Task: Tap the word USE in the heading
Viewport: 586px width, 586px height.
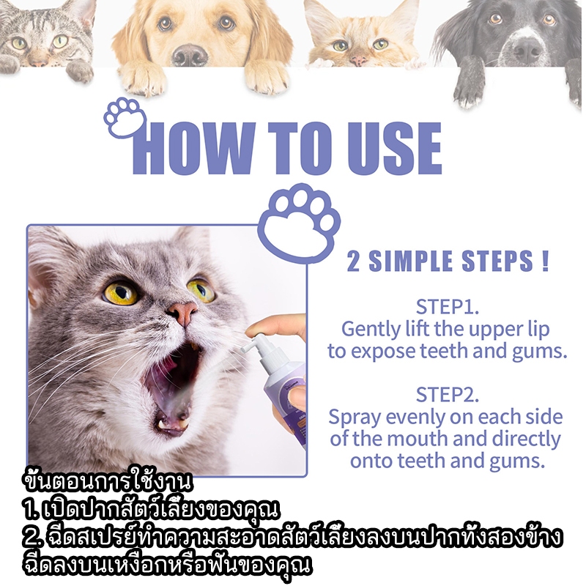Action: pos(393,149)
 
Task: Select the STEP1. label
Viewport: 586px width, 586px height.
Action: pos(448,307)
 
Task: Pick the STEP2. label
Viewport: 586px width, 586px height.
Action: pos(448,395)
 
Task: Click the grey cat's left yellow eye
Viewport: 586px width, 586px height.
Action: pos(120,292)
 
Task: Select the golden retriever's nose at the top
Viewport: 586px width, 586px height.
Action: pos(190,55)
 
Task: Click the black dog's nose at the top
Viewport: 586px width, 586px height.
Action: pos(527,48)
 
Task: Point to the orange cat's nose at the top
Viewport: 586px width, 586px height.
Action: pos(357,60)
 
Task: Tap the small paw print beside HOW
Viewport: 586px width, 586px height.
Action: pos(124,118)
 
